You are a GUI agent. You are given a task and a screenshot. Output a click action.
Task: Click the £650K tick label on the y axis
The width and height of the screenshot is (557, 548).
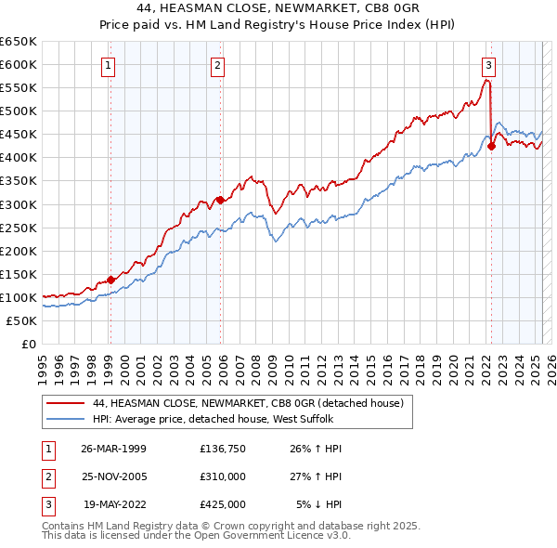click(x=19, y=42)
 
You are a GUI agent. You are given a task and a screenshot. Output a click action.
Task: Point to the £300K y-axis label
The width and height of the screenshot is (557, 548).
click(x=19, y=204)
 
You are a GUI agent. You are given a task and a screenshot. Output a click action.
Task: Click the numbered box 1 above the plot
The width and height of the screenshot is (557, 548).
click(x=110, y=65)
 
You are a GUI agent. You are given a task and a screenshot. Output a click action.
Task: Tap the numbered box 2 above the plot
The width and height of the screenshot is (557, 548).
click(x=217, y=65)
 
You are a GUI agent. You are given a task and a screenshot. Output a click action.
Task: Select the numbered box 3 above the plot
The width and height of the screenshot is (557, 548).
click(x=488, y=65)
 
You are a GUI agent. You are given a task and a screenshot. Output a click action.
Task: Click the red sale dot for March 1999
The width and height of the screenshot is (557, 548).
click(x=110, y=280)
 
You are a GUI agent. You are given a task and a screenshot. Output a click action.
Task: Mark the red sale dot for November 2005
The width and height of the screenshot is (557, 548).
click(x=220, y=199)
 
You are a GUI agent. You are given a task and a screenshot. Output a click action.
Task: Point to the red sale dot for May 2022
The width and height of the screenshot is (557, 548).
click(x=492, y=145)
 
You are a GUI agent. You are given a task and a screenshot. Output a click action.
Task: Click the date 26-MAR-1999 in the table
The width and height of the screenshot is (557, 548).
click(x=113, y=449)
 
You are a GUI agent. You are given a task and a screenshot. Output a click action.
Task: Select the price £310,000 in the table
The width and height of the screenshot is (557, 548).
click(x=222, y=476)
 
